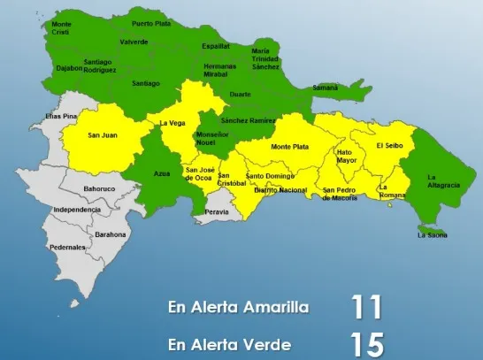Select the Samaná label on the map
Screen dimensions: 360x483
[326, 88]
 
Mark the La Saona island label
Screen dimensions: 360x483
[433, 234]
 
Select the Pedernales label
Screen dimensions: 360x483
[67, 247]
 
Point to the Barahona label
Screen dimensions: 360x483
[111, 234]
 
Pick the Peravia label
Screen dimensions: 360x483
[217, 212]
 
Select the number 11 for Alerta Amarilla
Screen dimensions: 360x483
[366, 308]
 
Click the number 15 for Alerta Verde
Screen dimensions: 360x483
[366, 342]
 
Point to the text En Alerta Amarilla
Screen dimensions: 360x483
[239, 308]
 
